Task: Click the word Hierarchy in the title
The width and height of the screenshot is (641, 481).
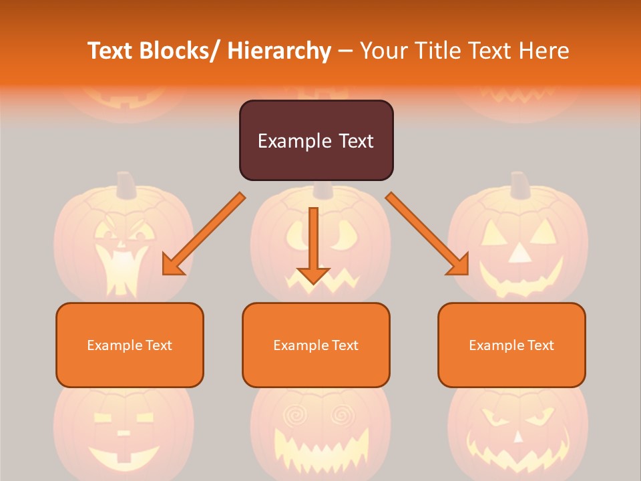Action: (279, 51)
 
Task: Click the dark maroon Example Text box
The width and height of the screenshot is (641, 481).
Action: (316, 140)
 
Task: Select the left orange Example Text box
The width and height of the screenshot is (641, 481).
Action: (130, 345)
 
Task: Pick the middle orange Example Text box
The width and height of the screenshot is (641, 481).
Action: (316, 345)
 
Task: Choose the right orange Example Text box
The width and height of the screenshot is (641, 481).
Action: (511, 345)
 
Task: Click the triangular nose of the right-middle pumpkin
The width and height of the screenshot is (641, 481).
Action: (519, 253)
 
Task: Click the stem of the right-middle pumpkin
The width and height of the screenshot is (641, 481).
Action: (519, 184)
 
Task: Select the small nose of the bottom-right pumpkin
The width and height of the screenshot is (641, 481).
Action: (518, 436)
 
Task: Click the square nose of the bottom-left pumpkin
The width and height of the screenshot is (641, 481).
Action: (124, 432)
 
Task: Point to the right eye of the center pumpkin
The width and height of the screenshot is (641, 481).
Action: (347, 234)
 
